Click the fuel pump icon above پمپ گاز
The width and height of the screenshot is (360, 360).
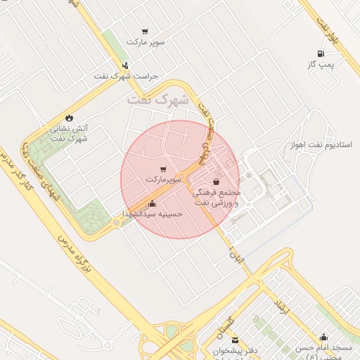pos(321,53)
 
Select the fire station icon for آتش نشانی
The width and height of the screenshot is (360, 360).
pos(69,117)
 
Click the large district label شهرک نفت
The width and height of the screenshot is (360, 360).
pos(158,101)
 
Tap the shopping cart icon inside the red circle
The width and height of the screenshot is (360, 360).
pos(164,169)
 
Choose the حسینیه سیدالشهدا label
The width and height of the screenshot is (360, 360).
pos(153,213)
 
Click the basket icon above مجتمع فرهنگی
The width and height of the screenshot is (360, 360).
pos(224,182)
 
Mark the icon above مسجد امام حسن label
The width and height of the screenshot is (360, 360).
pos(323,337)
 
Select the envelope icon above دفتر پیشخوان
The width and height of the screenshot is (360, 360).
pos(235,340)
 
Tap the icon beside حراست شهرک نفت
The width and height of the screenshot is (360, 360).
pos(125,66)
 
